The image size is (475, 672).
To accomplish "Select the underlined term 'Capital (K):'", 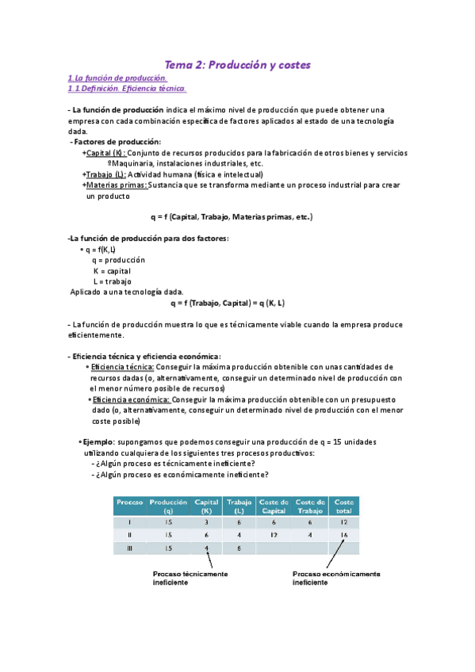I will [x=105, y=153].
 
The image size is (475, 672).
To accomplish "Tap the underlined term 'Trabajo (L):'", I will [x=105, y=174].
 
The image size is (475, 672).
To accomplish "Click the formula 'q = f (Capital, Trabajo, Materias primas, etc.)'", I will [x=232, y=216].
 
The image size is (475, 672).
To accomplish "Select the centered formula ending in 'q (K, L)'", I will [x=228, y=303].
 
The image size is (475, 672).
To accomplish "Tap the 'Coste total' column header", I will [x=344, y=506].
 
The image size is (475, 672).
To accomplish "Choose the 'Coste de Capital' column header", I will [x=274, y=506].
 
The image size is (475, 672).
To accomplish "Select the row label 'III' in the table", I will [x=129, y=548].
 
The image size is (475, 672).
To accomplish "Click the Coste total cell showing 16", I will [x=344, y=535].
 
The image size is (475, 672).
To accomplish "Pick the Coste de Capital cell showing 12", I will [x=274, y=535].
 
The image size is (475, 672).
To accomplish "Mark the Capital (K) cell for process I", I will [x=206, y=521].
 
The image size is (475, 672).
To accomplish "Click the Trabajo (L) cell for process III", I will [x=239, y=548].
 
